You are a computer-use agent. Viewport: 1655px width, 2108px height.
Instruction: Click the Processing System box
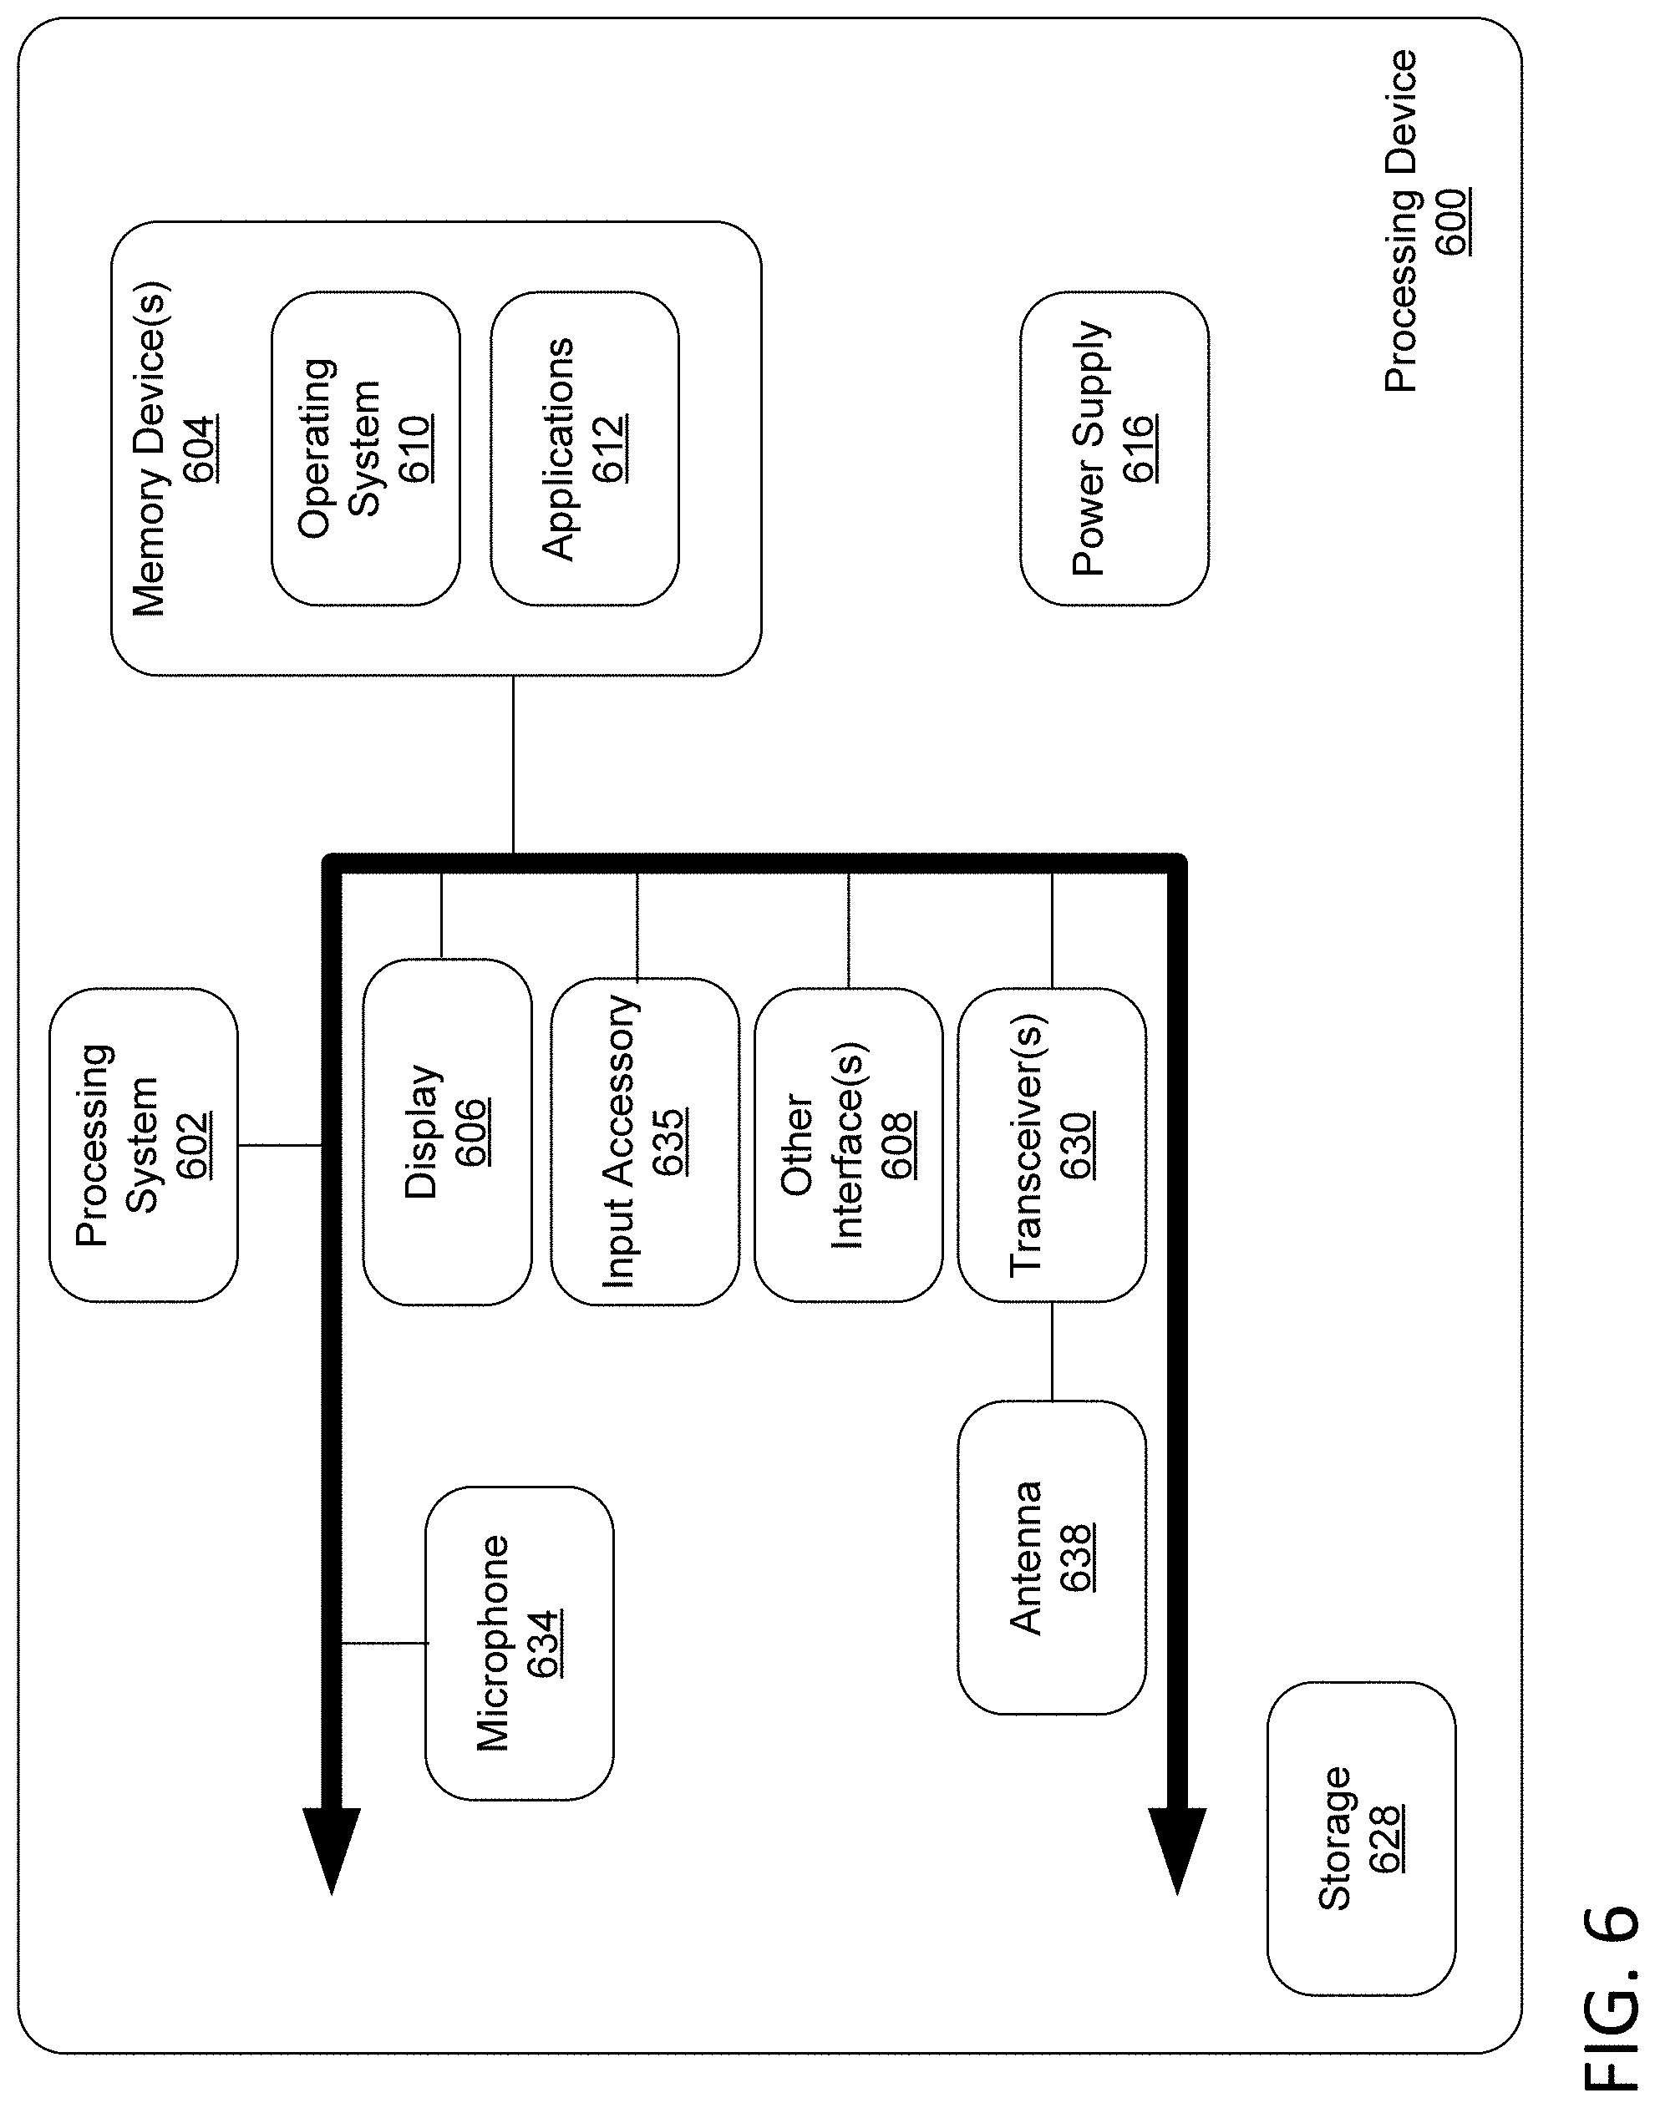[144, 1144]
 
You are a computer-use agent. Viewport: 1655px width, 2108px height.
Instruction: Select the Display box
[447, 1132]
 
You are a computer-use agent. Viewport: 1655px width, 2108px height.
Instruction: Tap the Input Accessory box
[644, 1141]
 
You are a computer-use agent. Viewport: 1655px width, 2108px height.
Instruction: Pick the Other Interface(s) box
[848, 1144]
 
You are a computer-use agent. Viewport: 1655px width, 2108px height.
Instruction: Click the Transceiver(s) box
[1051, 1144]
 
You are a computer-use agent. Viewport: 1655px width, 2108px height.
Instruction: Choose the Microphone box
[520, 1643]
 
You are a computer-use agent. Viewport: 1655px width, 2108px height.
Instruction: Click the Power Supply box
[1114, 448]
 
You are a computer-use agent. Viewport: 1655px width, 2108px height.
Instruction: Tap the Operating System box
[365, 448]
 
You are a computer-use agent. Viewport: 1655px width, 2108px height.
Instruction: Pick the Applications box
[584, 448]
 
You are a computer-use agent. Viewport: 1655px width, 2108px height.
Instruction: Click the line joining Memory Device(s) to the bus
[513, 764]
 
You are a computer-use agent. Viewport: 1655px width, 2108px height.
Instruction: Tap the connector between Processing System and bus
[280, 1145]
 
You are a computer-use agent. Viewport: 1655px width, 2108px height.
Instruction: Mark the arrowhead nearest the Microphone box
[332, 1849]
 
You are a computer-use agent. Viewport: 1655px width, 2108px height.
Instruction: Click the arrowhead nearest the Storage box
[1176, 1849]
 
